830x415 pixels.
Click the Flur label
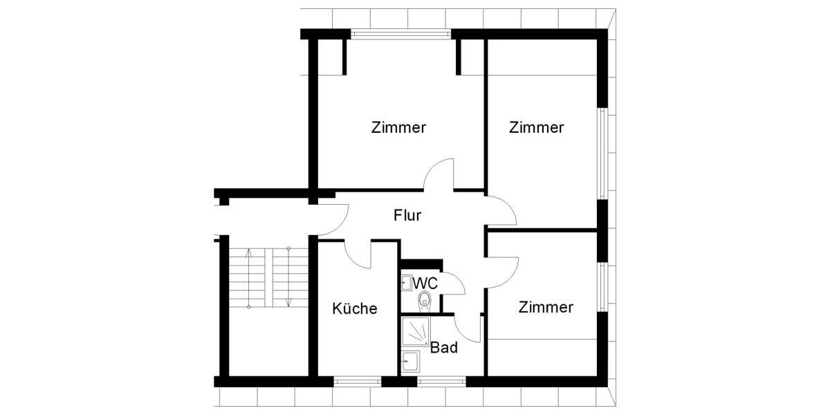pyautogui.click(x=407, y=215)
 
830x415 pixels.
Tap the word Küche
pyautogui.click(x=354, y=308)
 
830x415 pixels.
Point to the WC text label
pyautogui.click(x=425, y=284)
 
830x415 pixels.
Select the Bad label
pyautogui.click(x=443, y=348)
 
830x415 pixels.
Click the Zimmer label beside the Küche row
pyautogui.click(x=546, y=307)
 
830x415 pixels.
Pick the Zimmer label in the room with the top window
pyautogui.click(x=398, y=127)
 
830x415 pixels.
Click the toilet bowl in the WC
pyautogui.click(x=424, y=299)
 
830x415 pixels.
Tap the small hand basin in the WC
pyautogui.click(x=406, y=282)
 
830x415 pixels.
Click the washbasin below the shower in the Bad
pyautogui.click(x=410, y=361)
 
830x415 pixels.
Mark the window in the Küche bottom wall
pyautogui.click(x=357, y=381)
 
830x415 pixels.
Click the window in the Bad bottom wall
pyautogui.click(x=442, y=381)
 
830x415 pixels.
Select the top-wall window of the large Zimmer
pyautogui.click(x=400, y=33)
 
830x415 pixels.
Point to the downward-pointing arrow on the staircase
pyautogui.click(x=288, y=277)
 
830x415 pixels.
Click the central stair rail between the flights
pyautogui.click(x=268, y=277)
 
